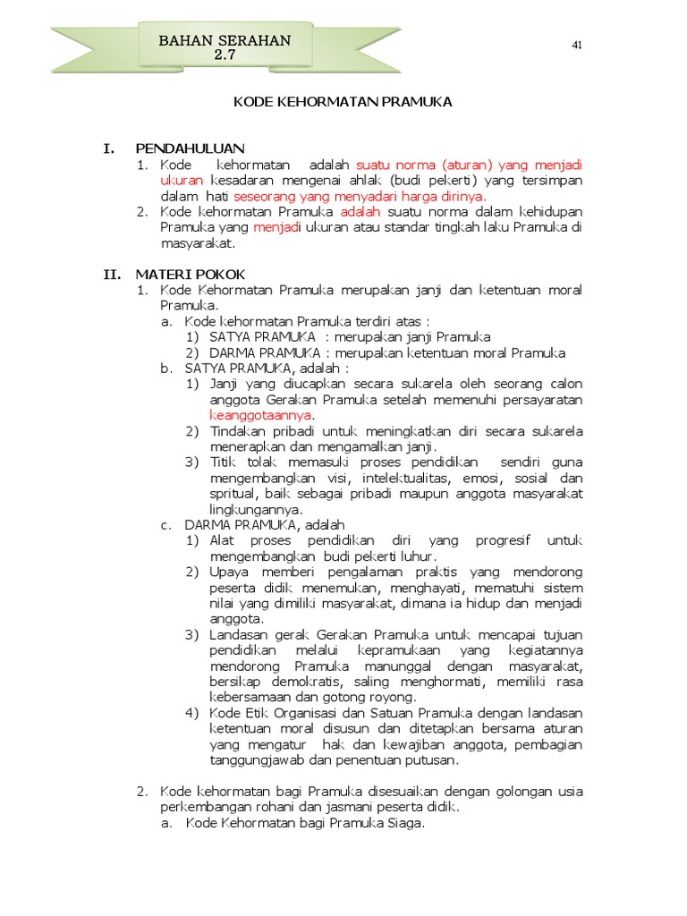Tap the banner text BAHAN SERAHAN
(225, 41)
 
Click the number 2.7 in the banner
(224, 55)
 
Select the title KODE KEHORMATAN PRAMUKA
(343, 102)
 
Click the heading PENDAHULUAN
(190, 148)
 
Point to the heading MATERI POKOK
(190, 274)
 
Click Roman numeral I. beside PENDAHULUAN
(110, 148)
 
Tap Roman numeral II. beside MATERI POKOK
(112, 274)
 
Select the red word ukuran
(182, 180)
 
